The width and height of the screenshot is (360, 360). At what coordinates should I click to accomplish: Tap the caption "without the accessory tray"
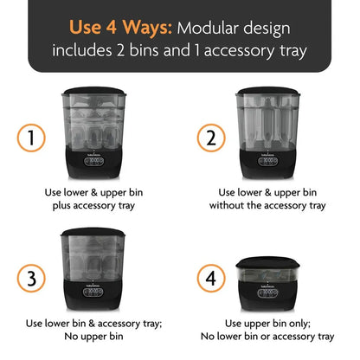click(267, 205)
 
